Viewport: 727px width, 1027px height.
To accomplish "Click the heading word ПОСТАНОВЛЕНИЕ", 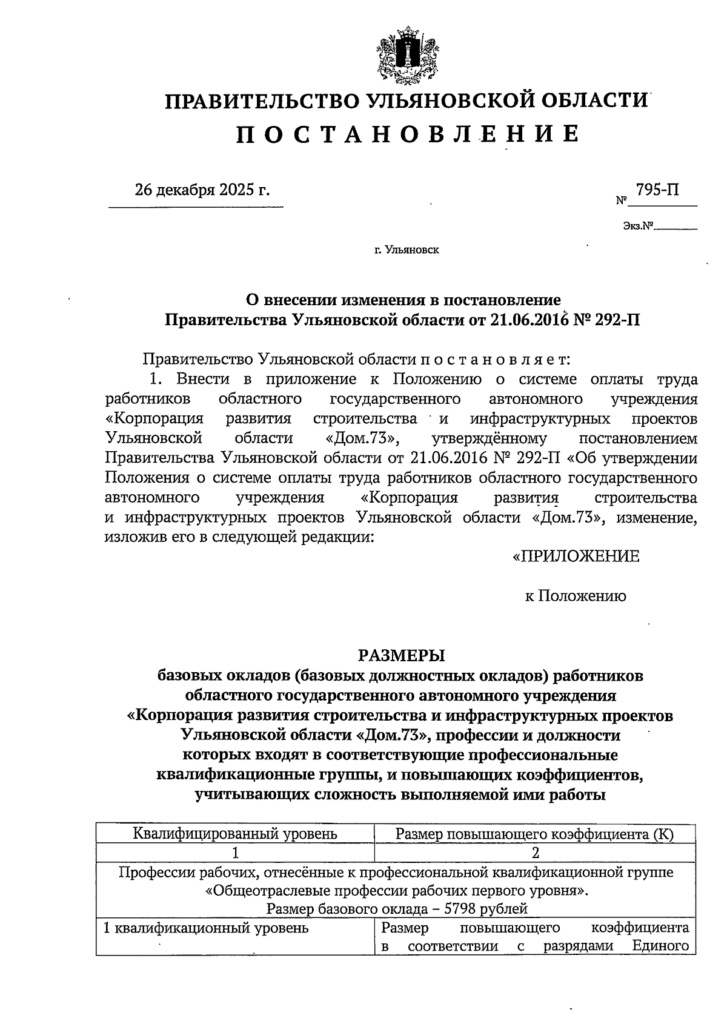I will (407, 133).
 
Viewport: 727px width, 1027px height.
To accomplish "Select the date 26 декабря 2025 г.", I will (202, 191).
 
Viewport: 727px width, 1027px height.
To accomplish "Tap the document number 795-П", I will (657, 190).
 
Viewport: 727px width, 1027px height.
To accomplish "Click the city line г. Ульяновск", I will (407, 249).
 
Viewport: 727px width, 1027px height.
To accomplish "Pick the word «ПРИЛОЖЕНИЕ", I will (576, 556).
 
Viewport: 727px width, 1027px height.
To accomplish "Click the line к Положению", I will (575, 596).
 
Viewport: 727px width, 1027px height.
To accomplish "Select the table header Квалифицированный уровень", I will (235, 834).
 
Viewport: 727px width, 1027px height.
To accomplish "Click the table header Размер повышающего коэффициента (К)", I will (534, 834).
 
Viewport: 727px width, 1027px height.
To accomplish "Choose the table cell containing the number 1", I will (235, 853).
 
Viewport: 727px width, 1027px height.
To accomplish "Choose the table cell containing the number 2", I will (535, 853).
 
